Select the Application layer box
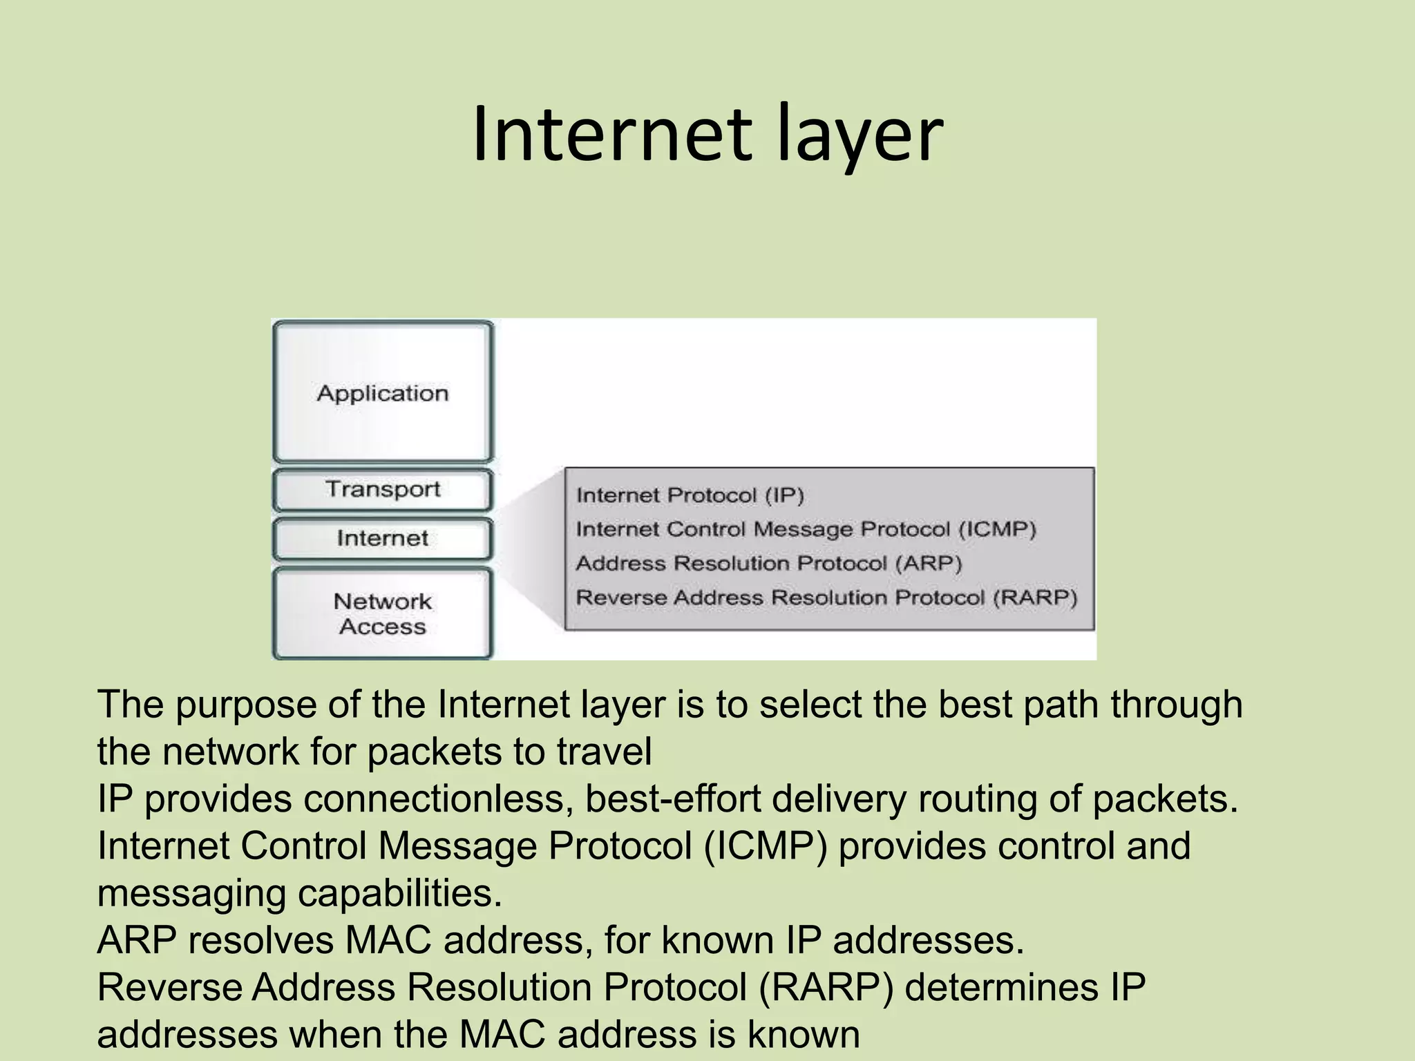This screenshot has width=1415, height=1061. [x=383, y=392]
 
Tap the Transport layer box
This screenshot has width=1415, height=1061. [x=383, y=489]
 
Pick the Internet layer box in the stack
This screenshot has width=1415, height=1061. [x=383, y=538]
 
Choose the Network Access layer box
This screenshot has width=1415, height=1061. [x=383, y=613]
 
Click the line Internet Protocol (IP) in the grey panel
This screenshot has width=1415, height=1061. [x=690, y=495]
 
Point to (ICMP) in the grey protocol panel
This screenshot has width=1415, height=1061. [x=996, y=529]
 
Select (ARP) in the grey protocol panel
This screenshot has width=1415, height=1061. [x=928, y=563]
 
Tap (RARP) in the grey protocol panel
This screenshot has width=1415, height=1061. [x=1034, y=598]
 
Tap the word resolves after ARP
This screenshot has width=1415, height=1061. [x=260, y=940]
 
